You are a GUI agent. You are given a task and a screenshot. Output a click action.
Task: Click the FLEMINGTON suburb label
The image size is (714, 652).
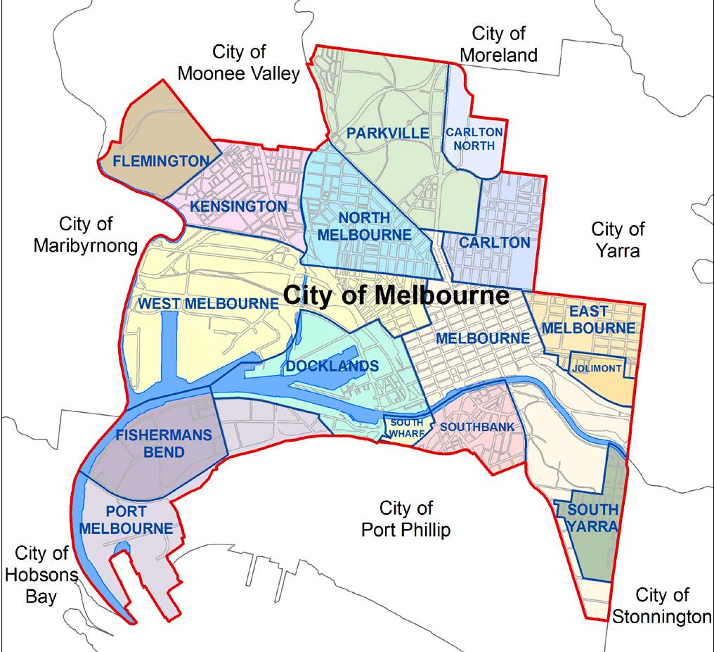click(x=161, y=161)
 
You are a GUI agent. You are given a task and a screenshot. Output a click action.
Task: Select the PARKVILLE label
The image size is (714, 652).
click(x=387, y=133)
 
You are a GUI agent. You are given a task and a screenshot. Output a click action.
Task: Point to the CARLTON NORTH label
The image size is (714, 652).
click(x=474, y=139)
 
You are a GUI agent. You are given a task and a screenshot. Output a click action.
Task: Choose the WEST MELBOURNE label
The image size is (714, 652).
click(x=208, y=304)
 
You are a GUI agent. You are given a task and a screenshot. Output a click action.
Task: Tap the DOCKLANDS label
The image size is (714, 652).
click(x=332, y=366)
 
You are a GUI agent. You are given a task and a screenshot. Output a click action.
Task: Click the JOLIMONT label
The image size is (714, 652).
click(x=597, y=369)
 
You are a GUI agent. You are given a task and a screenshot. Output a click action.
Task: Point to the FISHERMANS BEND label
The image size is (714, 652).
click(x=164, y=443)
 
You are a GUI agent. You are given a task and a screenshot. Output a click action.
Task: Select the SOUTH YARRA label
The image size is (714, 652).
click(x=592, y=518)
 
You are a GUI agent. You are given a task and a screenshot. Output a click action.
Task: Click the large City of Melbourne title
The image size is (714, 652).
click(x=396, y=295)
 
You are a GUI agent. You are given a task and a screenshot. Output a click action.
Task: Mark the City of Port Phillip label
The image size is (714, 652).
click(x=405, y=518)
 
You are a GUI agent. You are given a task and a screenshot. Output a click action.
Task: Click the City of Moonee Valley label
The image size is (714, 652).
click(x=239, y=63)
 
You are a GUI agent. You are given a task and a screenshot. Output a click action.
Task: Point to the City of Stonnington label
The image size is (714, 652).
click(x=661, y=606)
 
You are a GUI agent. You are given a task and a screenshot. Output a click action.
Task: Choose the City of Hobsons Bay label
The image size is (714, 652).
click(x=41, y=575)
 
